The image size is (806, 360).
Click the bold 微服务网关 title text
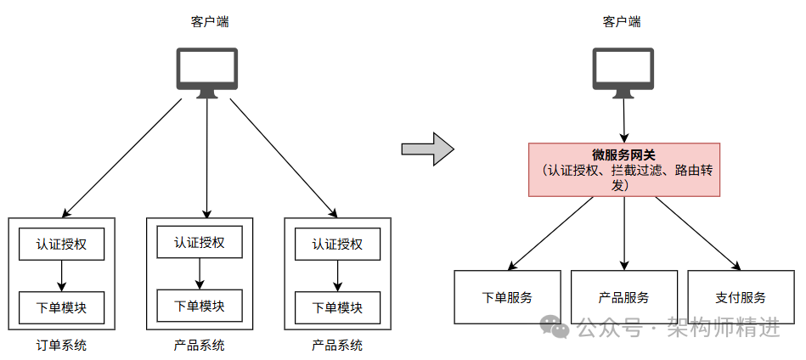[624, 155]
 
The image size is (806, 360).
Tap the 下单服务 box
[507, 297]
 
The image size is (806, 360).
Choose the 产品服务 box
[623, 297]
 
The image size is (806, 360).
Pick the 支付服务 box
[740, 297]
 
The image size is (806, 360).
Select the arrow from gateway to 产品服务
[624, 233]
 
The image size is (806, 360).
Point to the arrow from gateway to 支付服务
[696, 233]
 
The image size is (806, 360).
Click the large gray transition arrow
[427, 149]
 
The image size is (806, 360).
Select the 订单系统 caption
[61, 346]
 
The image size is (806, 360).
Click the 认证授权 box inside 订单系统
[61, 245]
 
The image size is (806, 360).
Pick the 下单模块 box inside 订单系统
[61, 307]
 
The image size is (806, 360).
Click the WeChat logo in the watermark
[557, 328]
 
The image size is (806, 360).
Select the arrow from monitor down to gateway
[624, 120]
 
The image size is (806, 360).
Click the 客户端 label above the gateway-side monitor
[622, 22]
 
